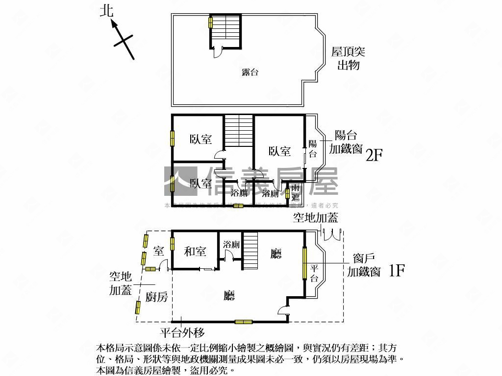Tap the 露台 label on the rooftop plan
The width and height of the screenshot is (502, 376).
coord(250,72)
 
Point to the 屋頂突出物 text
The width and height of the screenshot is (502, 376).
coord(348,58)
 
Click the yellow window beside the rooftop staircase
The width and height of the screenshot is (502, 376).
coord(211,22)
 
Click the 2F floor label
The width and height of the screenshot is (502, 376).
coord(374,155)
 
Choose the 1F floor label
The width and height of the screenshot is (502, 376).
coord(396,271)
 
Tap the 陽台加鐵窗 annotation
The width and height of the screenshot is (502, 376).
coord(349,142)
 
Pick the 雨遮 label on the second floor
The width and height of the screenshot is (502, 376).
coord(295,193)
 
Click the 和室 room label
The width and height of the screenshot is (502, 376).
coord(195,252)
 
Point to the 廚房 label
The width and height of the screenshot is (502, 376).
coord(157,297)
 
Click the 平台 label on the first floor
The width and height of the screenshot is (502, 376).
coord(314,273)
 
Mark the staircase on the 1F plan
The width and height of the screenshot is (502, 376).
coord(251,250)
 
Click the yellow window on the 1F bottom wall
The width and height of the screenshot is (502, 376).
coord(243,322)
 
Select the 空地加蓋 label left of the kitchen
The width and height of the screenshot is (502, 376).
coord(120,283)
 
